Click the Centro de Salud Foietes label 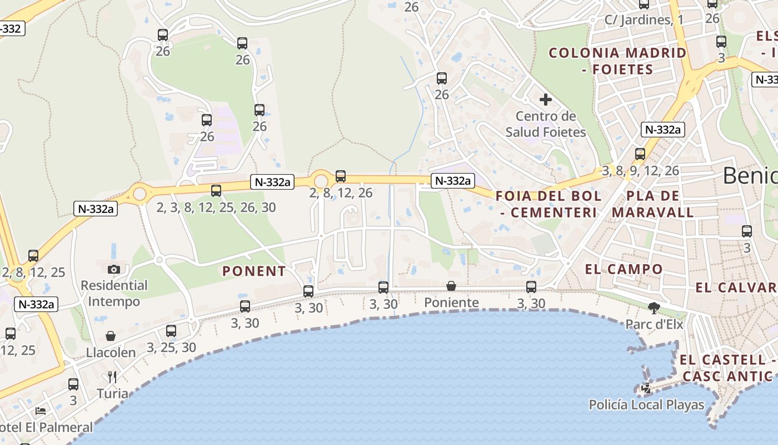(546, 124)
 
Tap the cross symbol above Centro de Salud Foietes (546, 100)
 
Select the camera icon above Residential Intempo (114, 269)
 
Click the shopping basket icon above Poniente (451, 286)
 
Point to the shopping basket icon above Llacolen (111, 336)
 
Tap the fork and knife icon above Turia (112, 377)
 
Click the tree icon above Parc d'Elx (654, 308)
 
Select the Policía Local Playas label (646, 405)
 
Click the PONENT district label (254, 271)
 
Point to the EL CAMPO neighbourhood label (624, 269)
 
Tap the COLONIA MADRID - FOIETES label (617, 61)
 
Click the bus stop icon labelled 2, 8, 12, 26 (341, 176)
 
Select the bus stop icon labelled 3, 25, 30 (171, 331)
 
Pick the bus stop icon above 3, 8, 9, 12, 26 (640, 154)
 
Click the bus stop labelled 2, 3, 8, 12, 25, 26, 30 (216, 191)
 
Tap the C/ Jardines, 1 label (644, 20)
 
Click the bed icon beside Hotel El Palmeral (41, 411)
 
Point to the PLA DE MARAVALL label (653, 204)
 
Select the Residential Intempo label (114, 293)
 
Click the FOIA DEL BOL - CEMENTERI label (548, 204)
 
